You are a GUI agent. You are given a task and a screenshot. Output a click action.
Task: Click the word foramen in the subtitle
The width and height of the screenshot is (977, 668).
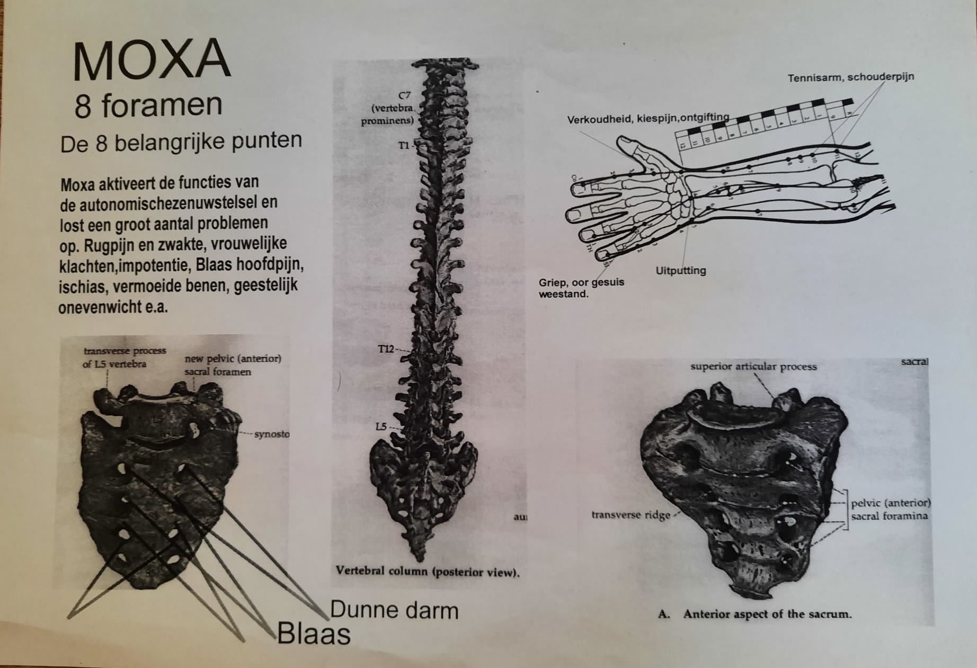(x=162, y=105)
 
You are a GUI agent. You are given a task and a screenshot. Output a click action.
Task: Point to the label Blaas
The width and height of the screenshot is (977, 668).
(x=314, y=634)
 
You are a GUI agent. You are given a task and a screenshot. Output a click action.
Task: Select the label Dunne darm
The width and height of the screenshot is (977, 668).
(x=394, y=610)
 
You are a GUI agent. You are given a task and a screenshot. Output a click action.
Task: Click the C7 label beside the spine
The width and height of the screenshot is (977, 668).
(x=404, y=96)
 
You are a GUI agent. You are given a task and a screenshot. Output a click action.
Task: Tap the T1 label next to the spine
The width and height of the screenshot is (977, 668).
(x=404, y=145)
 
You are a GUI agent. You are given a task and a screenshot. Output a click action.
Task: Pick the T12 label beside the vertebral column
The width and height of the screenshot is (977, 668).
(x=386, y=349)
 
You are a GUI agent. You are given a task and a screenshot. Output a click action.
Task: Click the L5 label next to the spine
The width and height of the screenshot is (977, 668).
(x=381, y=426)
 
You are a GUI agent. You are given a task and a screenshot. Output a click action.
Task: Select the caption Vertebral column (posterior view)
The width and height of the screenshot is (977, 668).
(x=427, y=572)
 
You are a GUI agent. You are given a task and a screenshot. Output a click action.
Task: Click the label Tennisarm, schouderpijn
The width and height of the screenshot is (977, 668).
(x=850, y=77)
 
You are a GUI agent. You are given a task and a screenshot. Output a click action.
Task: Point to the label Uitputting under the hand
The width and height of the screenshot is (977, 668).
(x=680, y=271)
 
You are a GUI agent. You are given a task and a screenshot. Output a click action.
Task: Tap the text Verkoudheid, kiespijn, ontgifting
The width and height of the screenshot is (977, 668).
(x=647, y=119)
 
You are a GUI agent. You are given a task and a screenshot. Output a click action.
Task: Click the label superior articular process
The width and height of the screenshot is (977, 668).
(x=753, y=367)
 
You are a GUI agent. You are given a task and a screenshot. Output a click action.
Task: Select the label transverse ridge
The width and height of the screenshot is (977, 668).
(x=630, y=515)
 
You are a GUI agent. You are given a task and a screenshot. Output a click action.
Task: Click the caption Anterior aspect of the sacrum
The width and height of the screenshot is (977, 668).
(x=767, y=614)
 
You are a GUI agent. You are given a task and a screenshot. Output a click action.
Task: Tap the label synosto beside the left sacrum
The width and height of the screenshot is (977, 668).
(x=271, y=434)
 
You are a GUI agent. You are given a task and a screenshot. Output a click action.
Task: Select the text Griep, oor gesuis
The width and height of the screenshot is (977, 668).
(x=581, y=282)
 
